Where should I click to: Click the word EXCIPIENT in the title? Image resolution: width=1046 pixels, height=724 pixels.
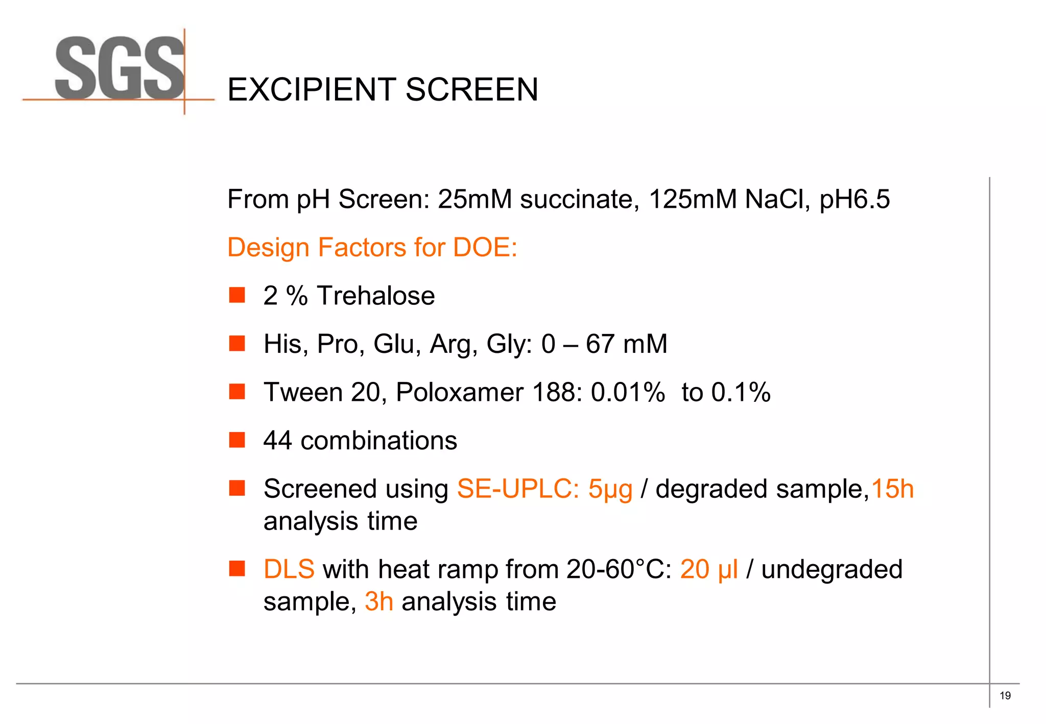[312, 90]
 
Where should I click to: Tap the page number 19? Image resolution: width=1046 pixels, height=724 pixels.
[1005, 695]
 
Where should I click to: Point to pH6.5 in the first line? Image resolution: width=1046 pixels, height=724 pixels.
[854, 199]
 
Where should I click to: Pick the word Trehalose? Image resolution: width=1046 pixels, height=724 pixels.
[376, 296]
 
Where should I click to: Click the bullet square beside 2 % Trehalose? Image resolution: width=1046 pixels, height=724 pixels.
[237, 295]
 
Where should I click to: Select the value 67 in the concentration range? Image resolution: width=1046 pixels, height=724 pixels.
[600, 344]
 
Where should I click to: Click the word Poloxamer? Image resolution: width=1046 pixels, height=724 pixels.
[460, 393]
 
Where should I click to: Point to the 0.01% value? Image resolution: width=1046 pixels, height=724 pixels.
[628, 393]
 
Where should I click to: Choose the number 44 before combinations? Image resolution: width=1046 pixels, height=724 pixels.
[277, 441]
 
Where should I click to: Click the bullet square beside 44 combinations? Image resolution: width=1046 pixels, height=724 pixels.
[237, 440]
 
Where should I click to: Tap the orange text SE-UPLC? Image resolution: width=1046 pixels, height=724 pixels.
[518, 489]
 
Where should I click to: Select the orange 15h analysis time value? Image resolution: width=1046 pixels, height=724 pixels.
[892, 489]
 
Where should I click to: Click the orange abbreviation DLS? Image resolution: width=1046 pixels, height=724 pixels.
[289, 569]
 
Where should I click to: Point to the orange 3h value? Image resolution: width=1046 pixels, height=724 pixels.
[379, 601]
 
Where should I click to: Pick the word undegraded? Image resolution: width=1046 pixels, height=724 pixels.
[831, 569]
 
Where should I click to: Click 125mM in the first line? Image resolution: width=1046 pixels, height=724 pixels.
[693, 199]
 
